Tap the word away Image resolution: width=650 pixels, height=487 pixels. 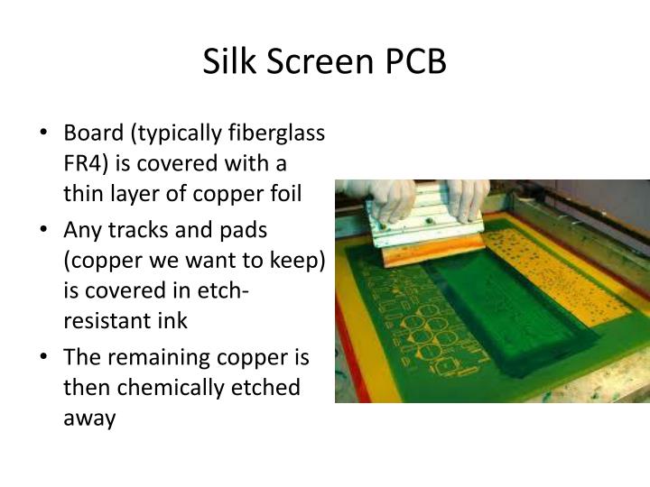89,418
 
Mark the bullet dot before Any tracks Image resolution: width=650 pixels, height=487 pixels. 44,230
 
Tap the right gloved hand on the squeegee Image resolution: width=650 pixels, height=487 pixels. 469,195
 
